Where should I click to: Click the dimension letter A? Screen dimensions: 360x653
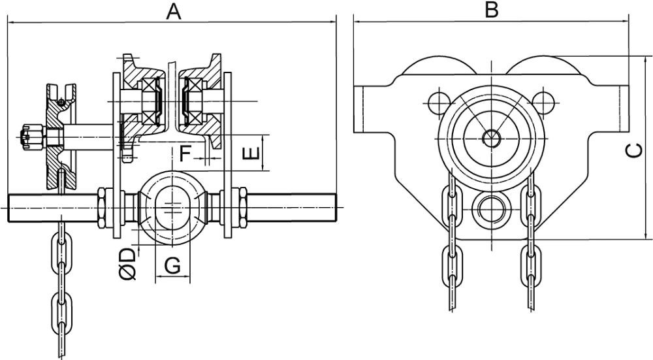click(x=172, y=11)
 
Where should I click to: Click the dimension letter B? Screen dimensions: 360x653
click(x=491, y=10)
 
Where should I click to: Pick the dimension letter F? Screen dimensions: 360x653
click(x=186, y=154)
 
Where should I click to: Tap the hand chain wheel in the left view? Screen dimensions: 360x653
click(x=60, y=137)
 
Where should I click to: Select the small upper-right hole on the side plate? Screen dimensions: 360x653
click(x=543, y=100)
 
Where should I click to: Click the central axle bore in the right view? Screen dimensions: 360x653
click(x=490, y=137)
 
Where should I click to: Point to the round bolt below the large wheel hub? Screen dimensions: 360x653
click(x=490, y=208)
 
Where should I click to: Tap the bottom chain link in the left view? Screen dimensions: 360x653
click(x=61, y=314)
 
